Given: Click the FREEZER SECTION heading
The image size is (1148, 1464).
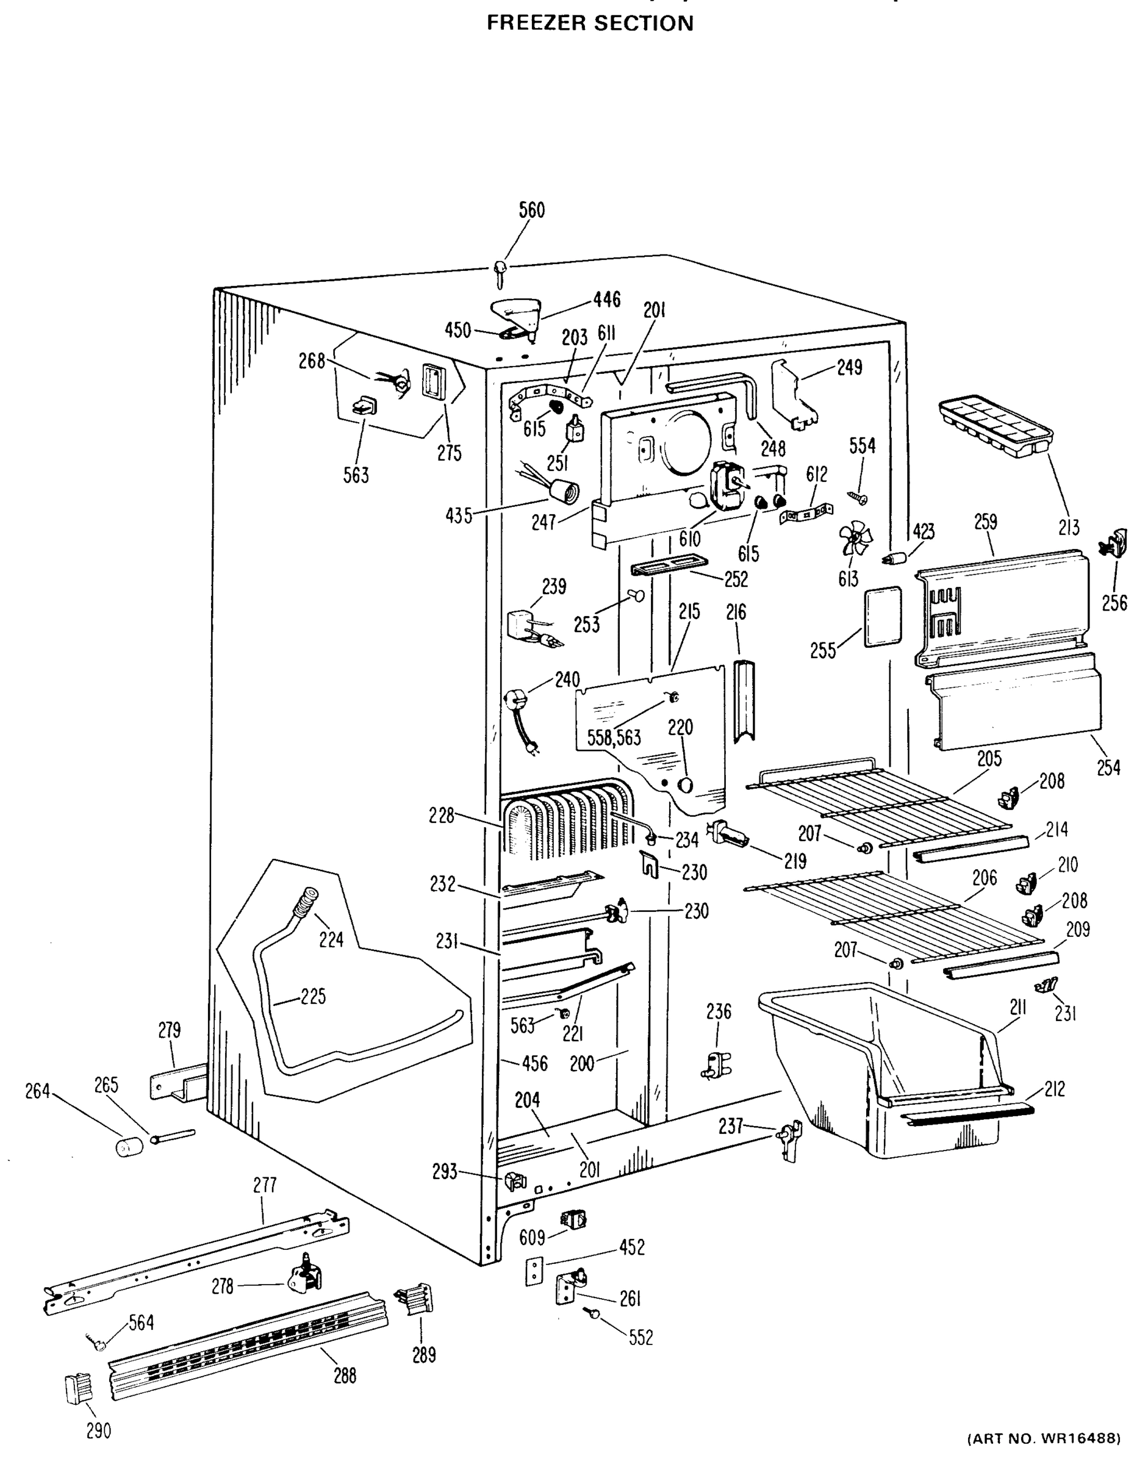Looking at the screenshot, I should [589, 24].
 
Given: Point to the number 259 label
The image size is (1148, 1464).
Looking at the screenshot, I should [985, 522].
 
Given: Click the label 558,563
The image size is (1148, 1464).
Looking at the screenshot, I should [614, 737].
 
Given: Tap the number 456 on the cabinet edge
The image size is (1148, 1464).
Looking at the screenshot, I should [534, 1063].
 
